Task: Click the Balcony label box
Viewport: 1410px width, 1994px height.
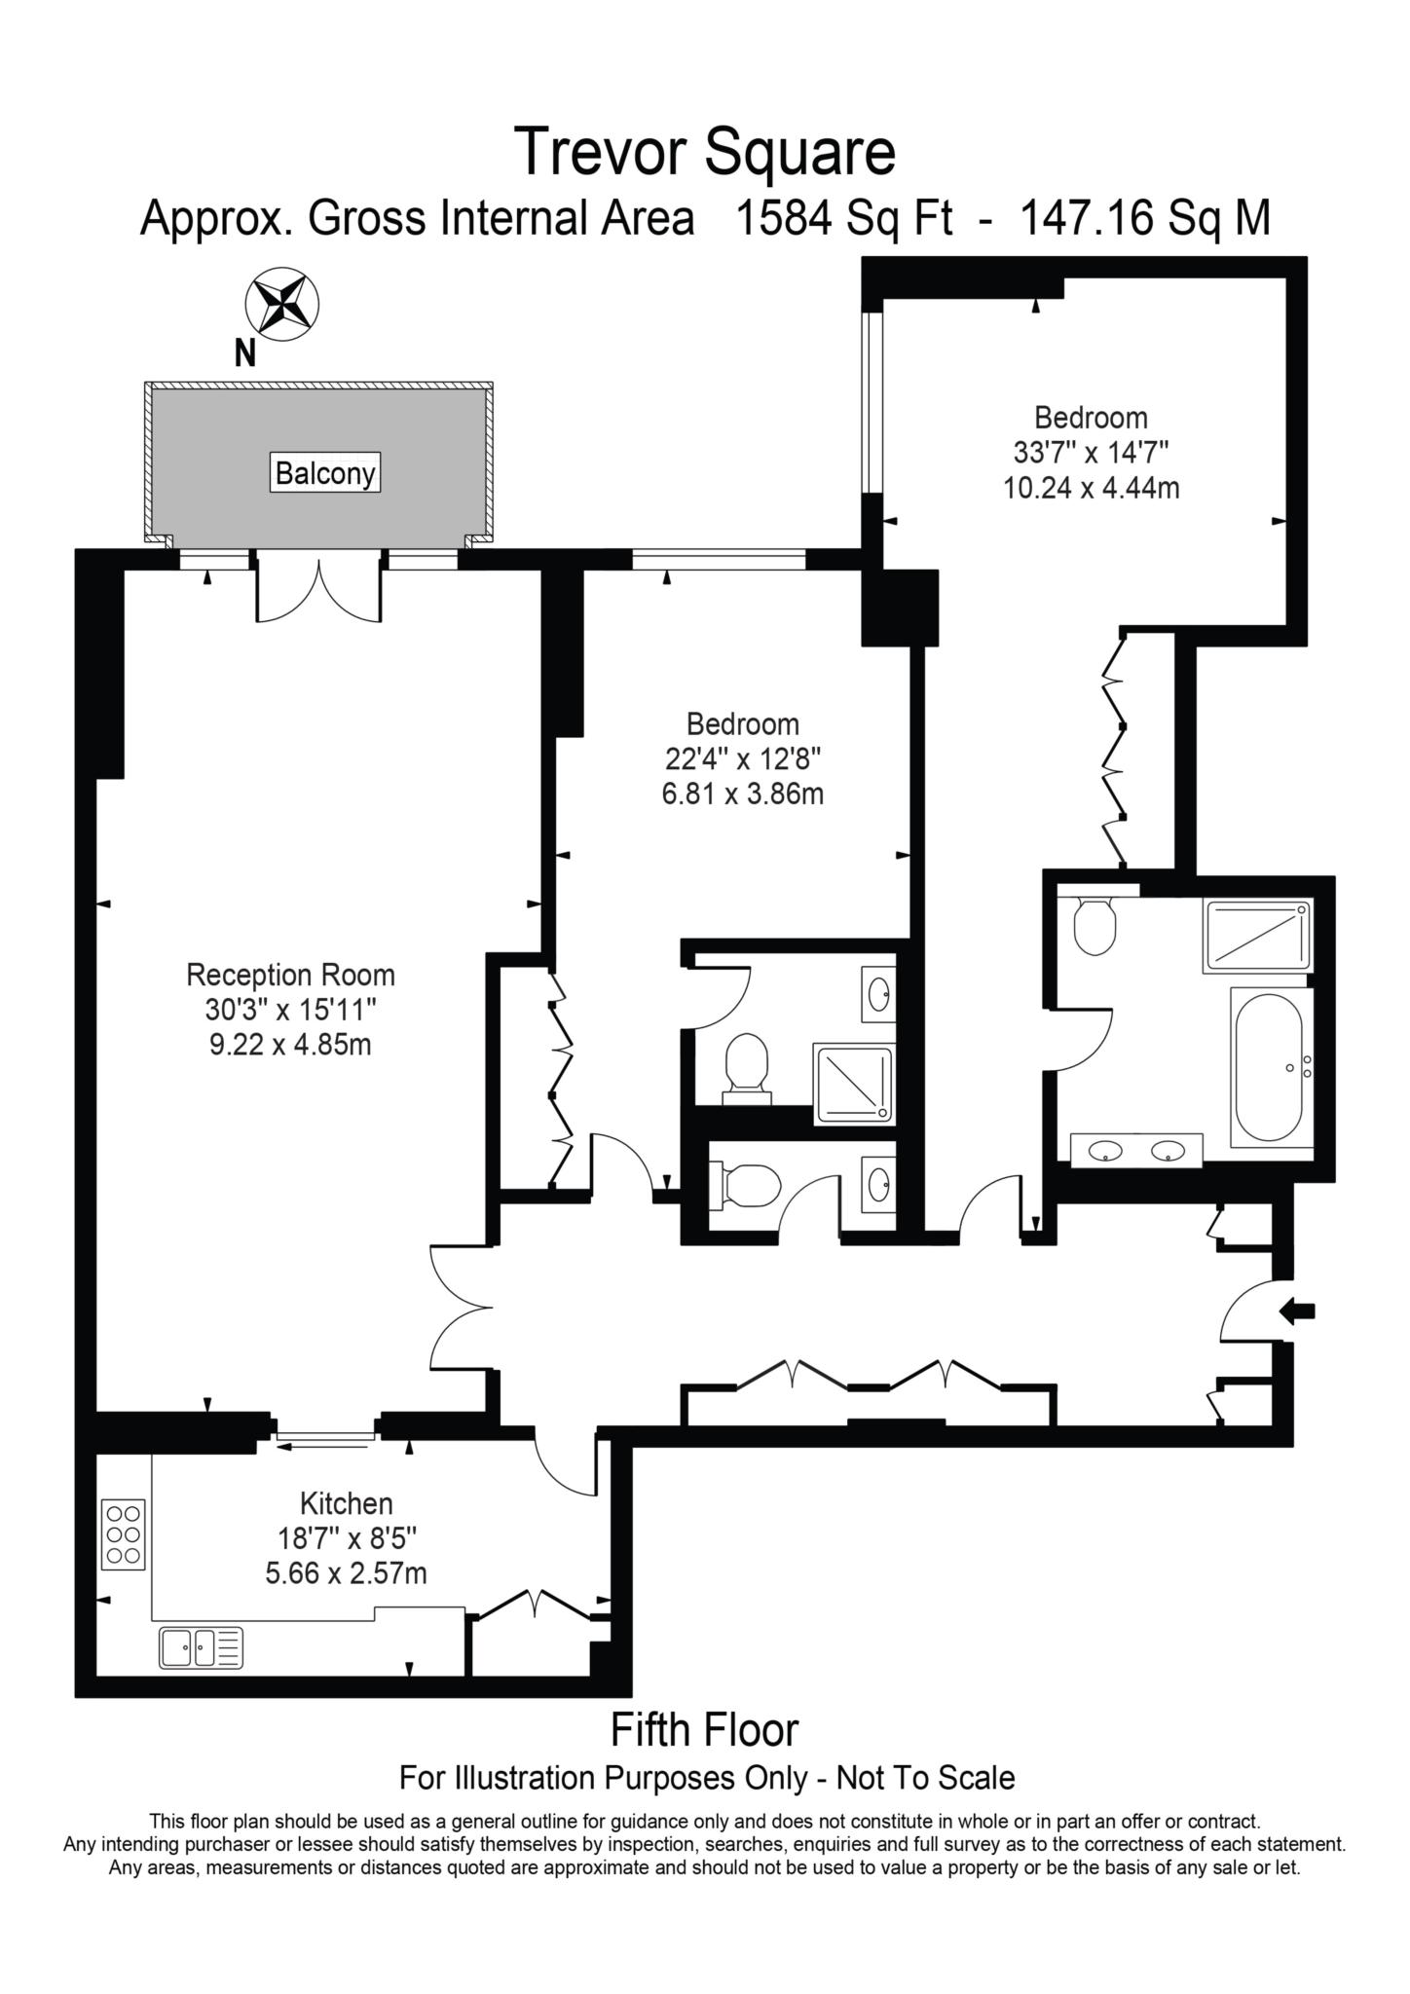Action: (x=325, y=474)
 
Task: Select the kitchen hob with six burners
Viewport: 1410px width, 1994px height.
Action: (x=124, y=1533)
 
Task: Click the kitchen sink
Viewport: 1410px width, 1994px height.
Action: (x=201, y=1648)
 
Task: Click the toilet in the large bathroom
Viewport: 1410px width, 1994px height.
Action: (x=1095, y=926)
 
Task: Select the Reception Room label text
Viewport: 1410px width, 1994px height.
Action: (x=290, y=975)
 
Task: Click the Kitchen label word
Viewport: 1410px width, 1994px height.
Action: (x=346, y=1503)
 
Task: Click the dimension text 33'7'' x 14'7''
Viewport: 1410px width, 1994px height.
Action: (x=1091, y=453)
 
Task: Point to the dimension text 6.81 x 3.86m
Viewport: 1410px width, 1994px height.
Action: (x=742, y=794)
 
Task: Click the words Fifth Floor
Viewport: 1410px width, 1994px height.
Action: (x=704, y=1730)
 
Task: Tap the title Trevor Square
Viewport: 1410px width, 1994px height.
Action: (x=704, y=152)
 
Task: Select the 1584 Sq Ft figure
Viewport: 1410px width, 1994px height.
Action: (x=843, y=218)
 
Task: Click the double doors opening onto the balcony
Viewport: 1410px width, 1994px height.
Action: (x=318, y=590)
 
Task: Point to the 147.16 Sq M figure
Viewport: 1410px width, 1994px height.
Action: (x=1144, y=218)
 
